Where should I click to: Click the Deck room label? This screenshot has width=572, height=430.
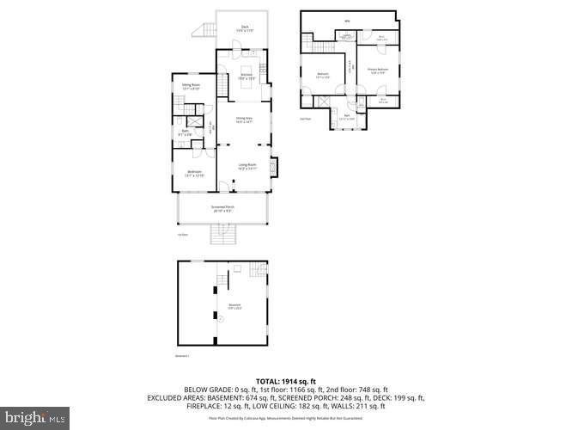[245, 28]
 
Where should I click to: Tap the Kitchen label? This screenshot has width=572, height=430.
[246, 77]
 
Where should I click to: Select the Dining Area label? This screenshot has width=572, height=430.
[244, 119]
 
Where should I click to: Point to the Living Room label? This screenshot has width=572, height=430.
[247, 167]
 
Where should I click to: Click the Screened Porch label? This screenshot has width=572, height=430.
[223, 208]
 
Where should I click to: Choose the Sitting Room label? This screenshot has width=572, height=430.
[190, 86]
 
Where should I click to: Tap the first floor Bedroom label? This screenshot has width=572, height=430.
[195, 175]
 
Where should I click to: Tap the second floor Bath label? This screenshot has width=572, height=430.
[347, 116]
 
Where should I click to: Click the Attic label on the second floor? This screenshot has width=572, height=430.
[347, 21]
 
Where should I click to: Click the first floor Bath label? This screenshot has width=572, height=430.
[185, 132]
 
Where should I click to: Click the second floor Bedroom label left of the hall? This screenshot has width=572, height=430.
[323, 76]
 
